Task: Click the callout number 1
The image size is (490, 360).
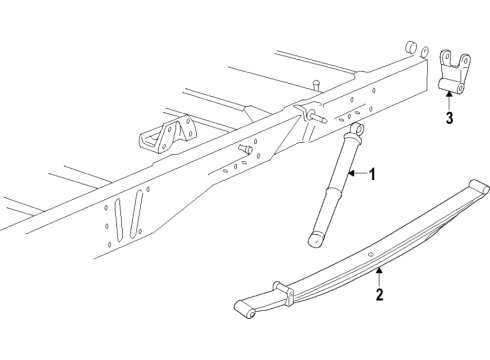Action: [x=372, y=175]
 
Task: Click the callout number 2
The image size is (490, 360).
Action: [x=379, y=294]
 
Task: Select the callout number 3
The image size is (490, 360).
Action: [x=449, y=119]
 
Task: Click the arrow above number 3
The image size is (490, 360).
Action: [x=449, y=101]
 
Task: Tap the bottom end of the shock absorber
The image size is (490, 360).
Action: [x=318, y=238]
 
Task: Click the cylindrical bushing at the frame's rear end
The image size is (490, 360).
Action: [x=409, y=49]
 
